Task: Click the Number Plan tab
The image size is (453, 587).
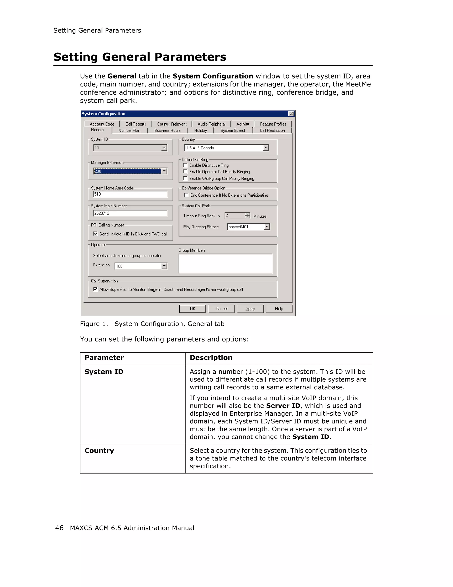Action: point(129,131)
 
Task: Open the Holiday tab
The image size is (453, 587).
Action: point(201,131)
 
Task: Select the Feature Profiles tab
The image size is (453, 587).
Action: point(273,124)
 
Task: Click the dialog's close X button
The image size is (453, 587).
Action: point(291,114)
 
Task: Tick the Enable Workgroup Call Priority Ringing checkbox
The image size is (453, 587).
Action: point(185,178)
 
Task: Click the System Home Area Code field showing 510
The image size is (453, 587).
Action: point(130,194)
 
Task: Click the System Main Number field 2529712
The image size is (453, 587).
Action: point(130,213)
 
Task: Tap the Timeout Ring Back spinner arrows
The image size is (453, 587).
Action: point(247,216)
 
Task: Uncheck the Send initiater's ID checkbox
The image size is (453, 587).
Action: point(95,234)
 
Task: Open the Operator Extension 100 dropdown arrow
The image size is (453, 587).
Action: point(164,266)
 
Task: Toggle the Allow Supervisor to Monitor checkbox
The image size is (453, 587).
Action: point(95,289)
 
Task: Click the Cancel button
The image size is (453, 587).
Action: point(221,309)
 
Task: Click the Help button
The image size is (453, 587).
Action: point(279,309)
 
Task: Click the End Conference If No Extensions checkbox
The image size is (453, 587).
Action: point(186,195)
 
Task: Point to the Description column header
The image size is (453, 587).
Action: point(211,358)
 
